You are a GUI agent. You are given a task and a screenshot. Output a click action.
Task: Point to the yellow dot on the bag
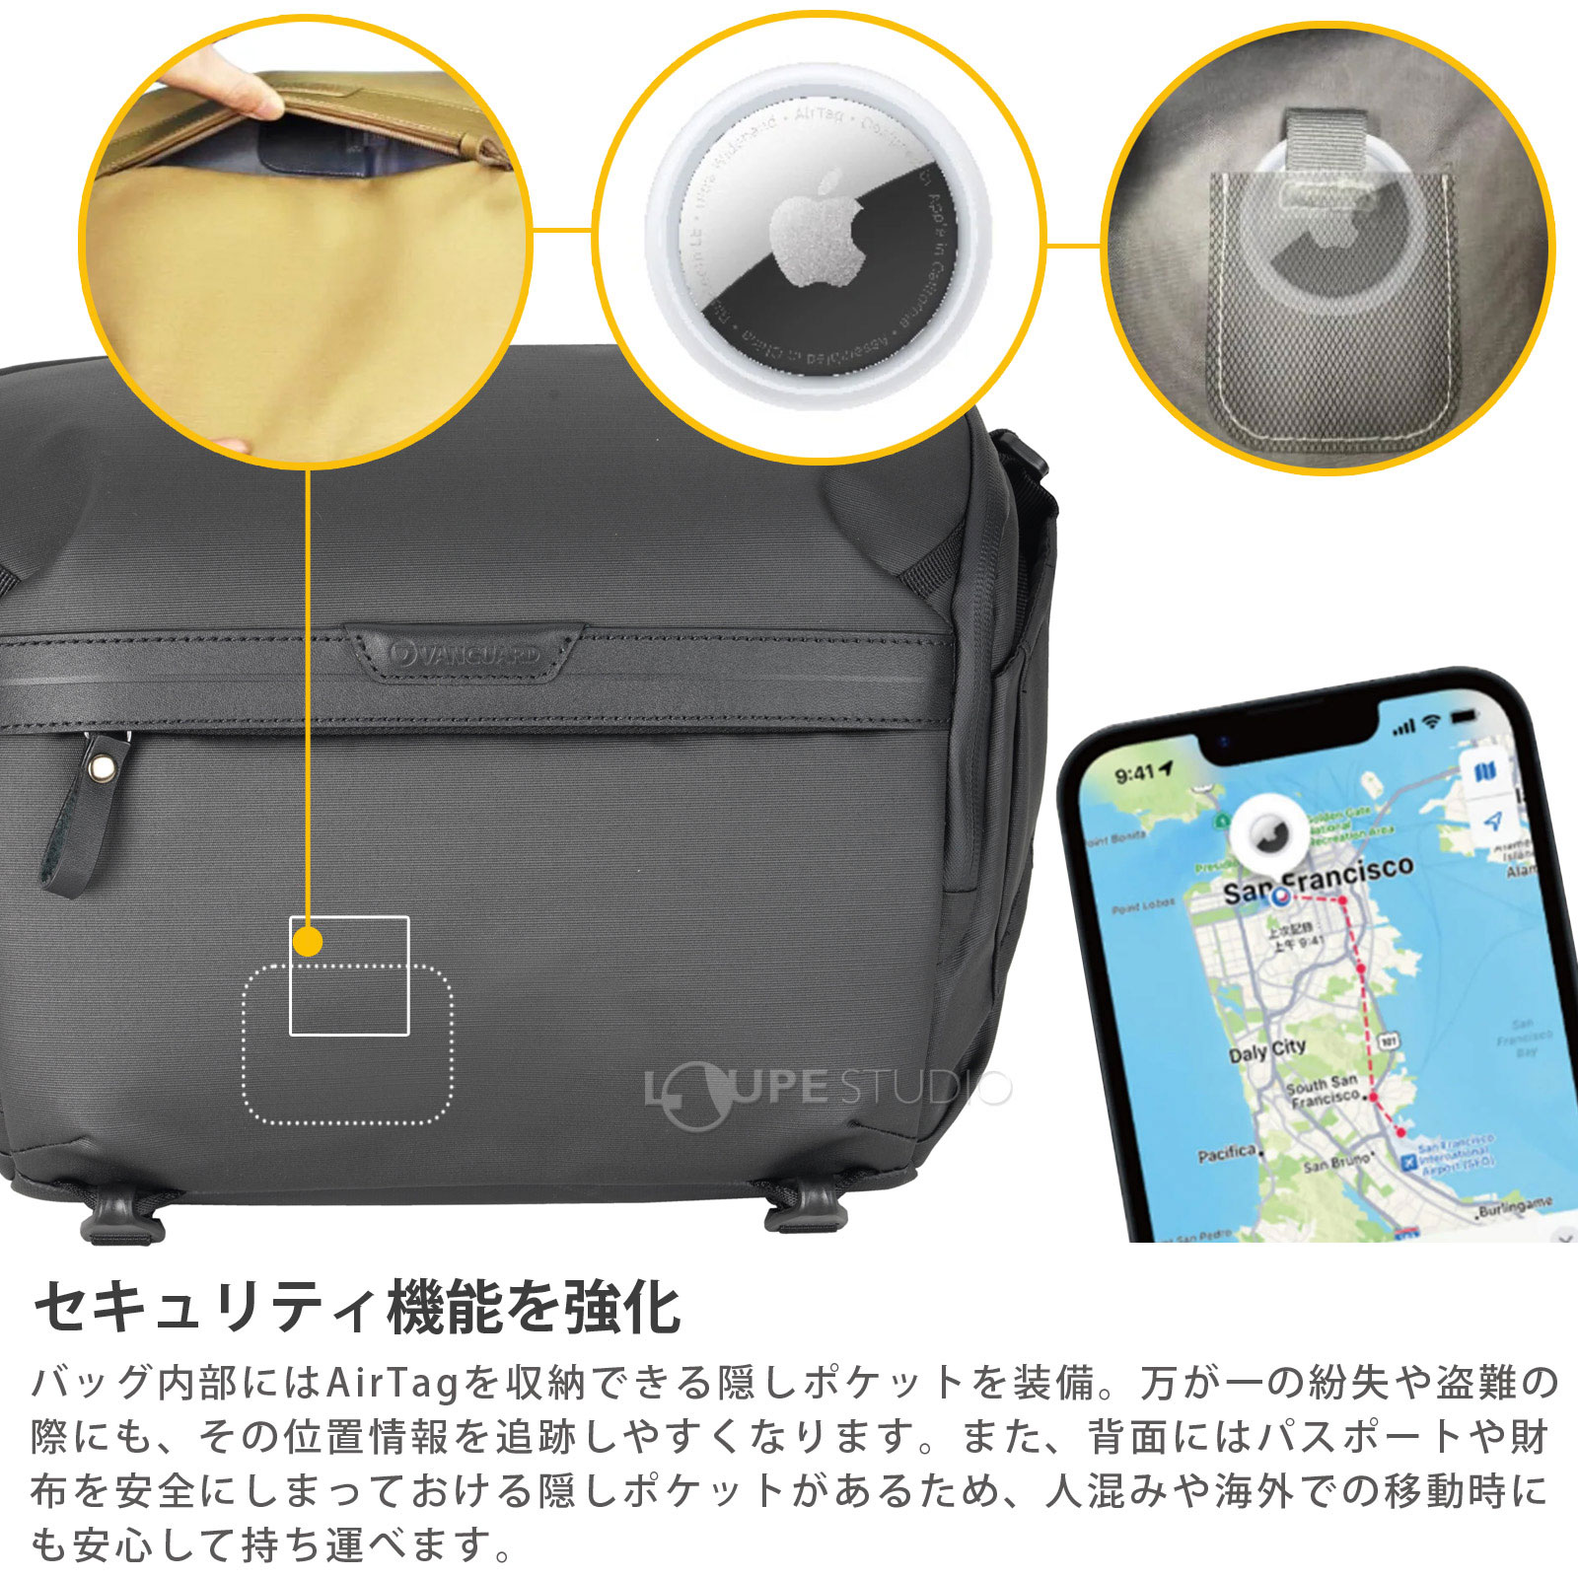[x=309, y=942]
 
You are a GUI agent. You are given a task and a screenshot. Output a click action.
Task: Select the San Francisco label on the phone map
[x=1319, y=879]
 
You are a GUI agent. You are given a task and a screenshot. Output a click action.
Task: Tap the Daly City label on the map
[x=1266, y=1050]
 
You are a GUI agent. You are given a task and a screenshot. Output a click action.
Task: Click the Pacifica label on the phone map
[x=1227, y=1154]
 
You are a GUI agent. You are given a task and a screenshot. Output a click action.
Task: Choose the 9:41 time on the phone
[x=1136, y=772]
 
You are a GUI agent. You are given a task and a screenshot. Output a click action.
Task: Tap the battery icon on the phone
[x=1465, y=714]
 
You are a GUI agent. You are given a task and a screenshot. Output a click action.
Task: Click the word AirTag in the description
[x=392, y=1383]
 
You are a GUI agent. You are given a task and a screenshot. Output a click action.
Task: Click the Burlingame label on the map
[x=1515, y=1206]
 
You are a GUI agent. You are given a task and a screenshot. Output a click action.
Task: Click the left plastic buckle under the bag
[x=120, y=1215]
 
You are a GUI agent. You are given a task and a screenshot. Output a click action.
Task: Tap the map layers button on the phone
[x=1484, y=771]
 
